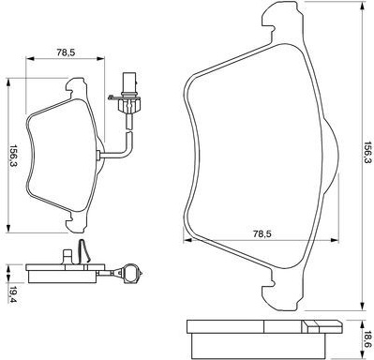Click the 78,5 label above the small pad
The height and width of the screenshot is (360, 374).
point(66,52)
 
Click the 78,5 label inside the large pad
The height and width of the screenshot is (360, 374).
point(262,233)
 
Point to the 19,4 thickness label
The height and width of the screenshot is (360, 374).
point(13,293)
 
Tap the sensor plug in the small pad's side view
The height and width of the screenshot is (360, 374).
point(130,274)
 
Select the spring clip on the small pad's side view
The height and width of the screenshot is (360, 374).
point(83,250)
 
